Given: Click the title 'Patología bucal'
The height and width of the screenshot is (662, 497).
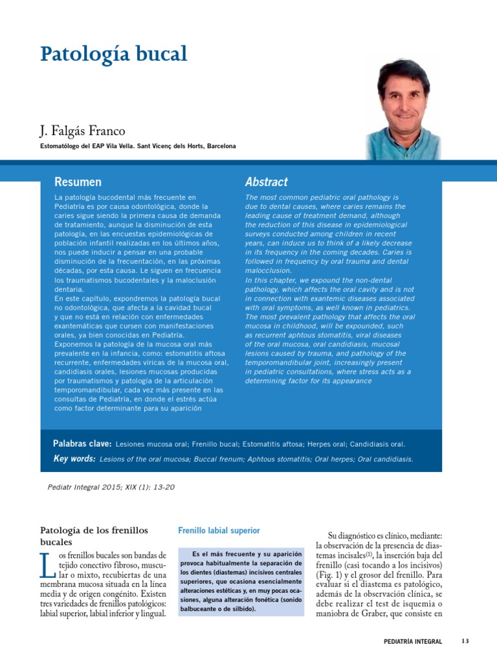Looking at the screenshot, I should [x=114, y=54].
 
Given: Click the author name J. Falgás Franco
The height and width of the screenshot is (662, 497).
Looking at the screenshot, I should [x=83, y=131].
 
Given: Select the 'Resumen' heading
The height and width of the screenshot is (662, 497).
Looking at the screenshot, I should [x=78, y=182].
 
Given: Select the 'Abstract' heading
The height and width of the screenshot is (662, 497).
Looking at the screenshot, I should [x=266, y=182].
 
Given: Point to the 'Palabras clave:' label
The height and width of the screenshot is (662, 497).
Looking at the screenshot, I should [x=82, y=444].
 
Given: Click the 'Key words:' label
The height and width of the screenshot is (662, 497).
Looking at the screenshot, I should [x=74, y=459].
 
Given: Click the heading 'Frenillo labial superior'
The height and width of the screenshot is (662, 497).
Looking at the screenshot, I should [x=219, y=531].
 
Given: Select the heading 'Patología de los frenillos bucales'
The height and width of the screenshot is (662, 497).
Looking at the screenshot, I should [x=94, y=536].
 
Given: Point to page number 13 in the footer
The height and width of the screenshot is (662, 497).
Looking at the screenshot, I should [x=465, y=641].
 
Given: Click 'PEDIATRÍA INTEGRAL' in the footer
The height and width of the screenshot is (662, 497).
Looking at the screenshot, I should [x=412, y=642].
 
